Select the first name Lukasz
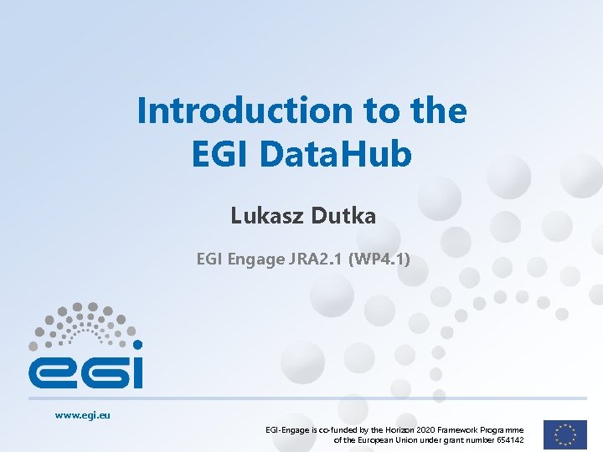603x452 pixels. click(x=265, y=217)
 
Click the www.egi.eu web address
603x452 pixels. click(x=83, y=414)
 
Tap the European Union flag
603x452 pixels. click(x=564, y=434)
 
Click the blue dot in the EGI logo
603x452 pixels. click(x=138, y=344)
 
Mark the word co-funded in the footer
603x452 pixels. click(x=337, y=429)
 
